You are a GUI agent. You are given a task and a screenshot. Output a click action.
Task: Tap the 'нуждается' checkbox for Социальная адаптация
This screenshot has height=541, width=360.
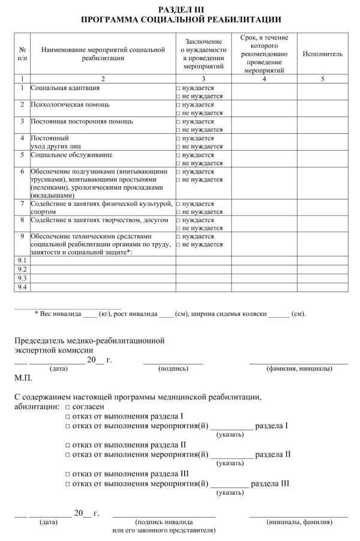pos(178,88)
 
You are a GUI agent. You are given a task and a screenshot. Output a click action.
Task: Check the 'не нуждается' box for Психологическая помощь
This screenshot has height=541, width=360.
pos(178,113)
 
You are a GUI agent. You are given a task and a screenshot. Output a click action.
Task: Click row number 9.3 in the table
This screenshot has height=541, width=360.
pos(22,278)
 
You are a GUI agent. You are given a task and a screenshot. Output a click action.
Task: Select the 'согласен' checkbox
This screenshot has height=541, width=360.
pos(67,407)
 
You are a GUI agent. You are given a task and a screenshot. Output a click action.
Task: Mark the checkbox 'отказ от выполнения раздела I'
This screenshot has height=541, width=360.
pos(67,416)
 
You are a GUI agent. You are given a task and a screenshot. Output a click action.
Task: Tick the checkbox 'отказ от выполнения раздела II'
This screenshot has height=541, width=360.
pos(67,445)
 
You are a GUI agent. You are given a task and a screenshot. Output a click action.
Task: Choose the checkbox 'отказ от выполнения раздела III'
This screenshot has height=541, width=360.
pos(67,474)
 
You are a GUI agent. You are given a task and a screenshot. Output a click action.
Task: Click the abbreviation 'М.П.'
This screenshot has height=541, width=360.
pos(23,379)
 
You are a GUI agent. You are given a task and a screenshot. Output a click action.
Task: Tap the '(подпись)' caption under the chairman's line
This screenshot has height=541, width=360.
pos(173,368)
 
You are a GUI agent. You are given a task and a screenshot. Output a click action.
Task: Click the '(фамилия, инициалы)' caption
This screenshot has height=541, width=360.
pos(299,368)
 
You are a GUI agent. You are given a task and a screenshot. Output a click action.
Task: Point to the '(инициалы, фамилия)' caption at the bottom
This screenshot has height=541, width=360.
pos(299,522)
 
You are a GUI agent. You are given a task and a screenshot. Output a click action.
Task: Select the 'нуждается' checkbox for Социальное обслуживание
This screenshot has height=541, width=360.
pos(178,154)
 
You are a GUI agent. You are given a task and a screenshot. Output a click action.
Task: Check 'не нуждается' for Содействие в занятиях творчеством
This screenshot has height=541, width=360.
pos(178,228)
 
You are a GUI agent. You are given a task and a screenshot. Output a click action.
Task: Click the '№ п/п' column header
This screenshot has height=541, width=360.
pos(22,53)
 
